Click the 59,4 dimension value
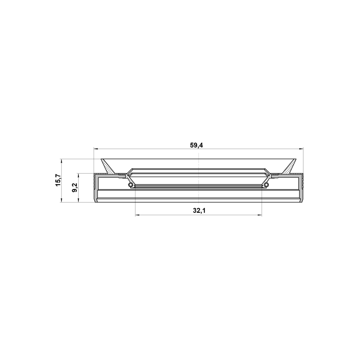196,145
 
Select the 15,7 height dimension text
58,180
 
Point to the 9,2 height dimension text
74,188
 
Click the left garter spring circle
131,185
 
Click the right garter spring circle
266,185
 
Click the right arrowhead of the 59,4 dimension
302,149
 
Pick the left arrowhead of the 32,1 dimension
137,215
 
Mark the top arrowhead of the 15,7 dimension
61,161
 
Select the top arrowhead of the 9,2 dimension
78,175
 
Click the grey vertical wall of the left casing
95,188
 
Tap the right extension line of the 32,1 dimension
262,205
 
